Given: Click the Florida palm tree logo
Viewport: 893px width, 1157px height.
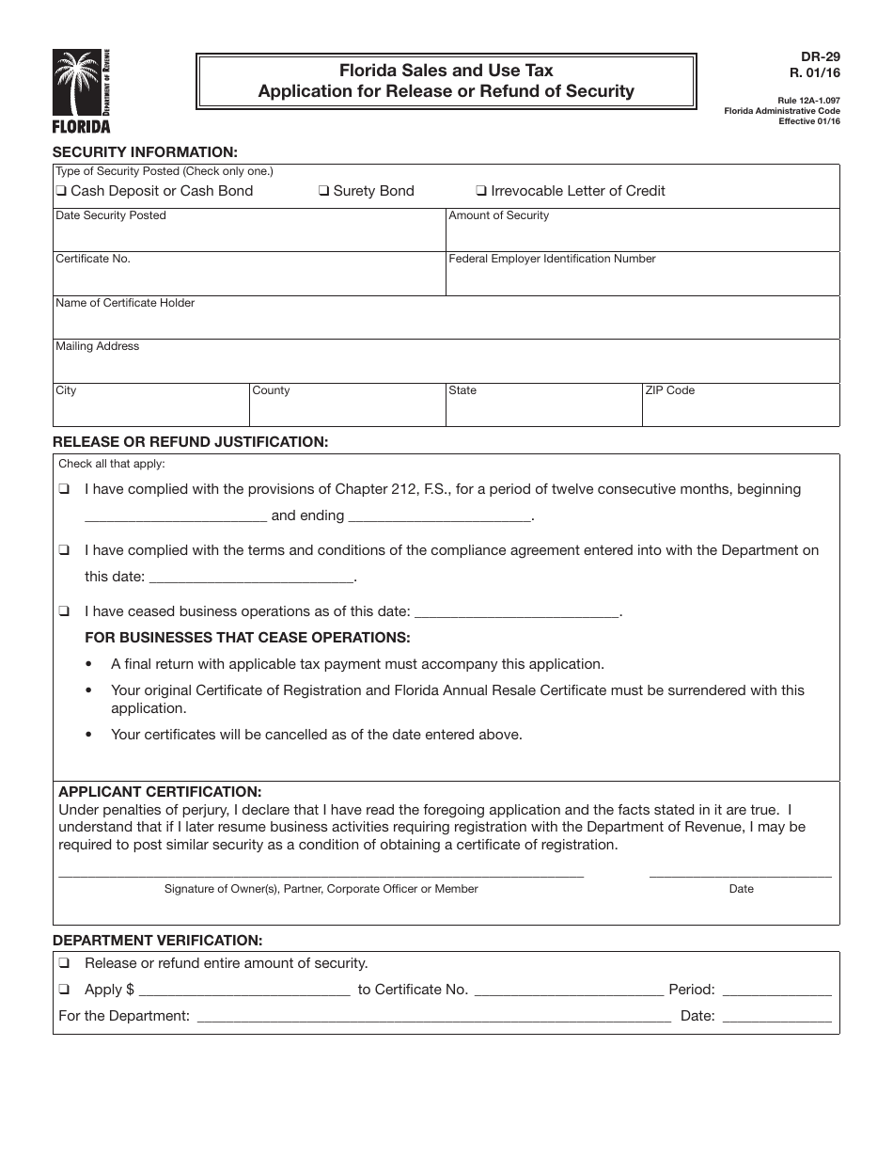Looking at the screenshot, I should click(81, 90).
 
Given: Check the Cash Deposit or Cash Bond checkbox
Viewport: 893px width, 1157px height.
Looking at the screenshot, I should click(61, 192).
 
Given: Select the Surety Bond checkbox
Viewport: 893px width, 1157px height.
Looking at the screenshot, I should click(323, 192).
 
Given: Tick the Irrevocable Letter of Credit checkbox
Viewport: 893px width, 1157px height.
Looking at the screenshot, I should click(481, 192).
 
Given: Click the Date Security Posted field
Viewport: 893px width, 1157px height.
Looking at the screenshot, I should click(248, 235).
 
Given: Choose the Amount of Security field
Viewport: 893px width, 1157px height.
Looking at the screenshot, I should click(642, 235).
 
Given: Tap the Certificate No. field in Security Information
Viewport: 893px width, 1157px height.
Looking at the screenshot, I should click(248, 279).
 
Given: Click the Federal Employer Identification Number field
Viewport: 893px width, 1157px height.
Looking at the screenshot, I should click(642, 279).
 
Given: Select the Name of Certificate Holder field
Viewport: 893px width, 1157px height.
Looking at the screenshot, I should click(446, 323).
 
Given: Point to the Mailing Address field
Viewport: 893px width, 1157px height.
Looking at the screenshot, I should click(446, 367).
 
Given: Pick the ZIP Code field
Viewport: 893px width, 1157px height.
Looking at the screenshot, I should click(740, 410).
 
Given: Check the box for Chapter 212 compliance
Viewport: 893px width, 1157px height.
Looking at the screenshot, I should click(63, 490).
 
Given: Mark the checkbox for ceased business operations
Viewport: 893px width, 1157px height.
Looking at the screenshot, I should click(63, 611).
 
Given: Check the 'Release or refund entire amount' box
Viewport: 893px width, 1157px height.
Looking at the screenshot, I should click(63, 963).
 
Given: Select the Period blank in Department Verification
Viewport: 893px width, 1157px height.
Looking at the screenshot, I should click(776, 990).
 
